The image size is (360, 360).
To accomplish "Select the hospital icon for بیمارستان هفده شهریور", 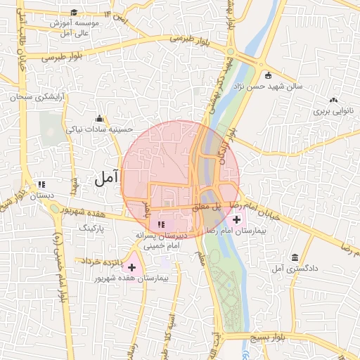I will click(x=131, y=266).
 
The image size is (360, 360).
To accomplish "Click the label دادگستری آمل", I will click(x=292, y=269).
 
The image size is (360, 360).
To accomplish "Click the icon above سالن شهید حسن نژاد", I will click(x=267, y=75).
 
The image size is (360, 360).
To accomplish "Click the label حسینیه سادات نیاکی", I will click(x=99, y=129).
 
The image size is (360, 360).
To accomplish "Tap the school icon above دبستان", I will click(x=41, y=184).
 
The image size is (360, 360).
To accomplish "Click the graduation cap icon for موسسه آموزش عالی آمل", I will click(x=74, y=12).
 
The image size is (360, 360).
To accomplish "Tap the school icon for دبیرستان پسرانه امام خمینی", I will click(x=162, y=224).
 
